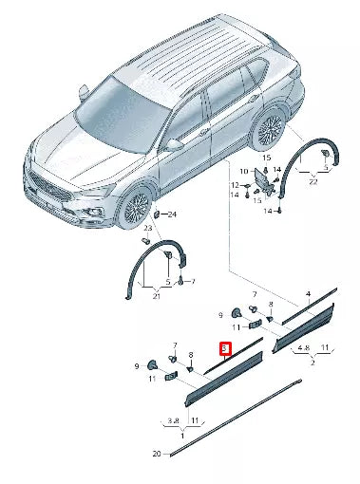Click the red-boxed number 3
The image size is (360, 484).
tap(224, 349)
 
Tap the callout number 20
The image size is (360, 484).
tap(156, 454)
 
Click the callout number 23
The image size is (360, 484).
tap(148, 229)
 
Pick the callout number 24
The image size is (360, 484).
tap(172, 214)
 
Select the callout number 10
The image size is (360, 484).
tap(243, 172)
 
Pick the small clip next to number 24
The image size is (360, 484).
tap(161, 214)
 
